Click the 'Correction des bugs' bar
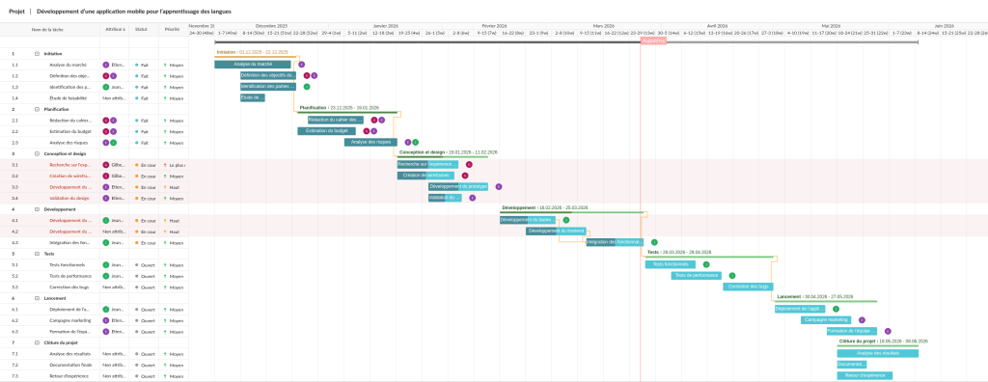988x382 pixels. pyautogui.click(x=748, y=286)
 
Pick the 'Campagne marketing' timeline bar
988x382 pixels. pyautogui.click(x=825, y=319)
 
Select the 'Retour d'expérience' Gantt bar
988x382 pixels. pyautogui.click(x=864, y=375)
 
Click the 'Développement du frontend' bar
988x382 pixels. pyautogui.click(x=556, y=231)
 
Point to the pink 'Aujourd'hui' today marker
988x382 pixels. pyautogui.click(x=653, y=41)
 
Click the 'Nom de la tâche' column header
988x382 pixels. pyautogui.click(x=47, y=30)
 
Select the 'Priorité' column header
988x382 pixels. pyautogui.click(x=172, y=30)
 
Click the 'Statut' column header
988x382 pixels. pyautogui.click(x=141, y=30)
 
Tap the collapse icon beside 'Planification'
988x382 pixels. pyautogui.click(x=37, y=109)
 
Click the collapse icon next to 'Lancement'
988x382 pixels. pyautogui.click(x=37, y=298)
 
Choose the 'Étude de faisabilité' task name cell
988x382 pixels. pyautogui.click(x=68, y=97)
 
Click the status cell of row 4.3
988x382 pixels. pyautogui.click(x=146, y=242)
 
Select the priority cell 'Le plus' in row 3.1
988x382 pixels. pyautogui.click(x=175, y=165)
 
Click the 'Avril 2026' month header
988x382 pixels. pyautogui.click(x=717, y=26)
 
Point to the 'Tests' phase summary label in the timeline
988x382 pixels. pyautogui.click(x=653, y=252)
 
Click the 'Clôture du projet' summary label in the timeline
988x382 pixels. pyautogui.click(x=856, y=341)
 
